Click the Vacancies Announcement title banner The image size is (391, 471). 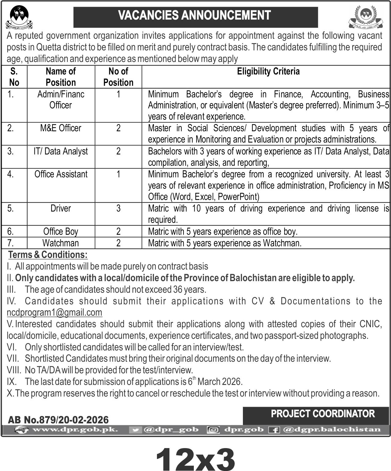195,16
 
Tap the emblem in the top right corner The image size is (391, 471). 364,17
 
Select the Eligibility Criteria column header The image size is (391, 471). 268,71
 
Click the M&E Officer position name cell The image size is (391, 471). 61,128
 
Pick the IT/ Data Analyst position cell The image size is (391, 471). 61,151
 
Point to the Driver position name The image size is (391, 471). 61,208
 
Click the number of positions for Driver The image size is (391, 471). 118,208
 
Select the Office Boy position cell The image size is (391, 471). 61,232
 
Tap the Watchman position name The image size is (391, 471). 61,243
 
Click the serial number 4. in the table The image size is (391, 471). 11,174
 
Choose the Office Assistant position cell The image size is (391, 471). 61,174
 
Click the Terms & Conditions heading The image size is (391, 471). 48,255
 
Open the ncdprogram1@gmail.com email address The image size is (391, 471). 55,313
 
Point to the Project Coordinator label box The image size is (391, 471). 316,414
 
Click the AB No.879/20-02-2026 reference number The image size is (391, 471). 58,420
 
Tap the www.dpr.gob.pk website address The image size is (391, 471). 75,430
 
